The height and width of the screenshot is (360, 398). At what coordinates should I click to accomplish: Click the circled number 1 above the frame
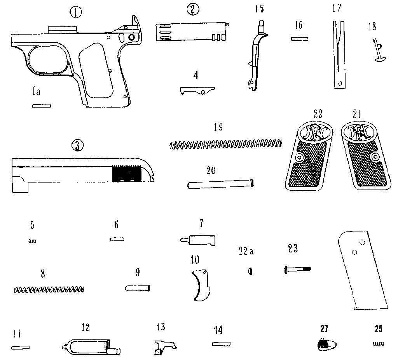click(x=75, y=12)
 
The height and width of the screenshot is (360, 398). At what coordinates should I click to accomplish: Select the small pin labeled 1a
click(x=42, y=105)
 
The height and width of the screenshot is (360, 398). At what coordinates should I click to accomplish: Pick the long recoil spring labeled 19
click(x=225, y=144)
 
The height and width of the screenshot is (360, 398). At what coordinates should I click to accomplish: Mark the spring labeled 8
click(x=49, y=289)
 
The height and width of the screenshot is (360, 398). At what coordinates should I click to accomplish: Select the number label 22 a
click(x=246, y=251)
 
